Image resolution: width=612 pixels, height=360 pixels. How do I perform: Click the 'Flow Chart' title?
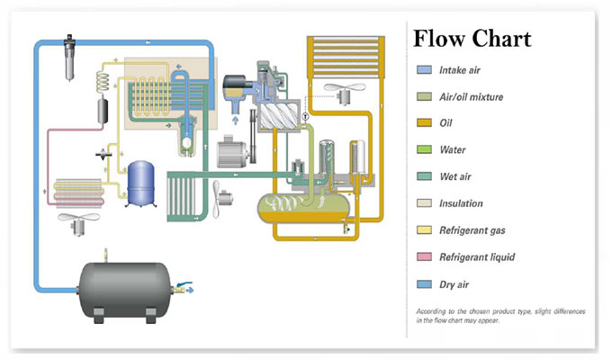[x=472, y=39]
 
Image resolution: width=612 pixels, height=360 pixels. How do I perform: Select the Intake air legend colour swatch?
[x=424, y=70]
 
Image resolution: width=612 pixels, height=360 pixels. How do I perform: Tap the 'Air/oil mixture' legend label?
[x=471, y=97]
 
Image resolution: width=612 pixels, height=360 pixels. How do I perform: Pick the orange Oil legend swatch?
[x=424, y=123]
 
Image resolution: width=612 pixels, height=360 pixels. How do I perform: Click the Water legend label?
[x=453, y=149]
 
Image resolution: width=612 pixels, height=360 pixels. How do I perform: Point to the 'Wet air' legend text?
[x=455, y=176]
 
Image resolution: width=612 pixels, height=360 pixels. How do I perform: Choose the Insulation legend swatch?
[x=424, y=203]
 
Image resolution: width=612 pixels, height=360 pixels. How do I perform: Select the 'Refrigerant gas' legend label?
[x=472, y=230]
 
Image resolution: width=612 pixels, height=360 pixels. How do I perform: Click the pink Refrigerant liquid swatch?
[x=424, y=256]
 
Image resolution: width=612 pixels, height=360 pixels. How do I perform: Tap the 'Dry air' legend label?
[x=454, y=284]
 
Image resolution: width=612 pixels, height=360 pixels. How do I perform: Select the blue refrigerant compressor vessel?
[x=141, y=184]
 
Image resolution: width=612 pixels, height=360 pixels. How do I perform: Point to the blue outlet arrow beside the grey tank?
[x=189, y=290]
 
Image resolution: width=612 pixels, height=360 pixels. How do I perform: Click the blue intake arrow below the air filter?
[x=236, y=120]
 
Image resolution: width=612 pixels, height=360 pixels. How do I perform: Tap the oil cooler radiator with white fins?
[x=346, y=58]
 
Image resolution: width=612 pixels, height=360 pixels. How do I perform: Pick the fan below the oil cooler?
[x=345, y=93]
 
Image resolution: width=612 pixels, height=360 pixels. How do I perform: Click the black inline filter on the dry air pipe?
[x=69, y=58]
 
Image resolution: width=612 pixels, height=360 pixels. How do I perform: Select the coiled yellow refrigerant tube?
[x=103, y=82]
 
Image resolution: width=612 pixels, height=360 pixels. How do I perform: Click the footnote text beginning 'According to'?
[x=500, y=316]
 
